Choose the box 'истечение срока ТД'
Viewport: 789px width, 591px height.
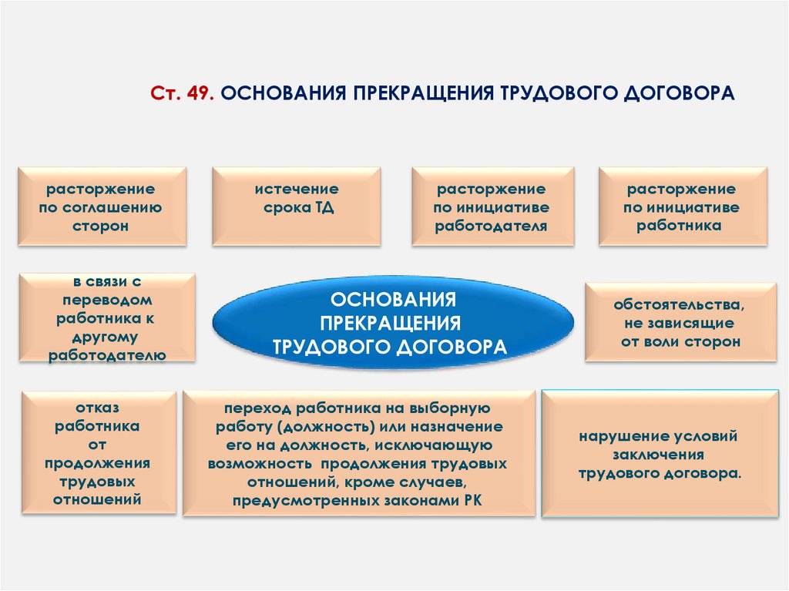(x=297, y=207)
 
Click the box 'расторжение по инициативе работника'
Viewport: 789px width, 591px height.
(x=682, y=207)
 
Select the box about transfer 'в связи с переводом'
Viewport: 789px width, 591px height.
(x=108, y=317)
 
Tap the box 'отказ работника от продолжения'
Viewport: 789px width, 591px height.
(x=97, y=452)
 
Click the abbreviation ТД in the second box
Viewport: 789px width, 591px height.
(x=324, y=208)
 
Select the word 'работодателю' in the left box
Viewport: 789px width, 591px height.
(x=108, y=354)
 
